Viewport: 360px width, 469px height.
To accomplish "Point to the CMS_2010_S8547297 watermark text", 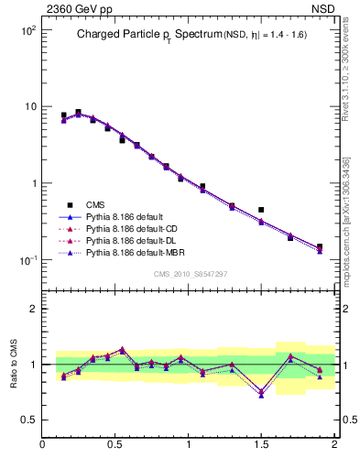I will [190, 274].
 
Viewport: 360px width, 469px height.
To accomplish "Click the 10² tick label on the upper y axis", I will [28, 30].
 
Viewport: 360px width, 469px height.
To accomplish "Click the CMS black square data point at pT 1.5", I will [261, 210].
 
